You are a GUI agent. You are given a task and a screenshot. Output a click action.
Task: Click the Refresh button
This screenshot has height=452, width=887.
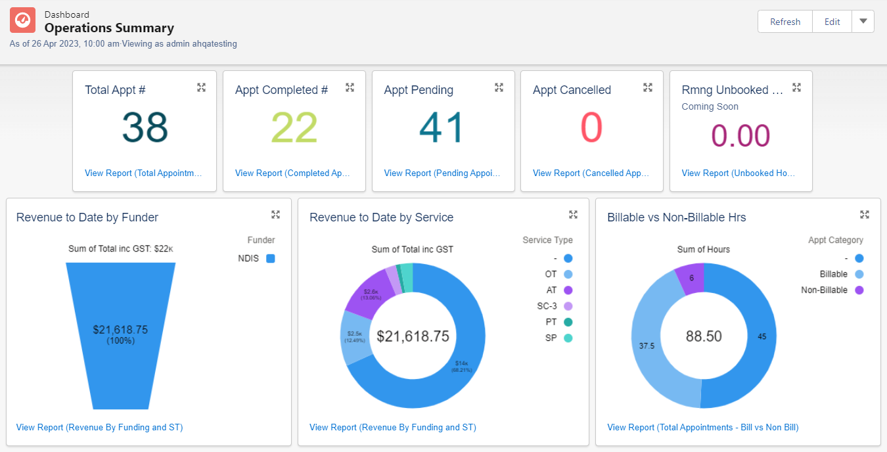point(785,22)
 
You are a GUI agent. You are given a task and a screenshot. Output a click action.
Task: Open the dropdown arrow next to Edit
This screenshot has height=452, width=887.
point(863,22)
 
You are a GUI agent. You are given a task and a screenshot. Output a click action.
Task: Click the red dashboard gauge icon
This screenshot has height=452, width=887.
point(23,21)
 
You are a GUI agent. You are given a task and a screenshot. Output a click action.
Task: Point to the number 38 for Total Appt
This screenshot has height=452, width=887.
point(145,128)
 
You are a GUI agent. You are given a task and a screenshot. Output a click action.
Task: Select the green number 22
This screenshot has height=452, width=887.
point(294,128)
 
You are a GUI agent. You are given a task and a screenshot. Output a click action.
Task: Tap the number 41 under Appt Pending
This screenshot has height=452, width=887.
point(442,128)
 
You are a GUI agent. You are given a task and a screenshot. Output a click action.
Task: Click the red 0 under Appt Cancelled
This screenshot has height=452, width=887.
point(591,128)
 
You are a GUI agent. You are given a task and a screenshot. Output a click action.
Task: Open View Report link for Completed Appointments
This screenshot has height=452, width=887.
point(292,173)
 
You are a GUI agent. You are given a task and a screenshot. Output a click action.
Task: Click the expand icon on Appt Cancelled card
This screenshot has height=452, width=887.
point(647,87)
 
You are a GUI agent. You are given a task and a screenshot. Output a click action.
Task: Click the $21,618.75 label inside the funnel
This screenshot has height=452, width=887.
point(120,330)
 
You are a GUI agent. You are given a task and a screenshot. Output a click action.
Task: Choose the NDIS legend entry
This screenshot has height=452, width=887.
point(256,259)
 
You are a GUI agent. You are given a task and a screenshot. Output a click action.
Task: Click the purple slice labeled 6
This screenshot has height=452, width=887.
point(691,278)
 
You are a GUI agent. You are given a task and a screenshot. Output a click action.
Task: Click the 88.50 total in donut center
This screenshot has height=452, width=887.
point(704,336)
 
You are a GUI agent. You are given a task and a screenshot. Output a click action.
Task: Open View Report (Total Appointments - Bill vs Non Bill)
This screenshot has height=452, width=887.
point(702,428)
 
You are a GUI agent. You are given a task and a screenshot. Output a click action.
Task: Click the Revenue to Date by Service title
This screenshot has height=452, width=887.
point(381,217)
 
